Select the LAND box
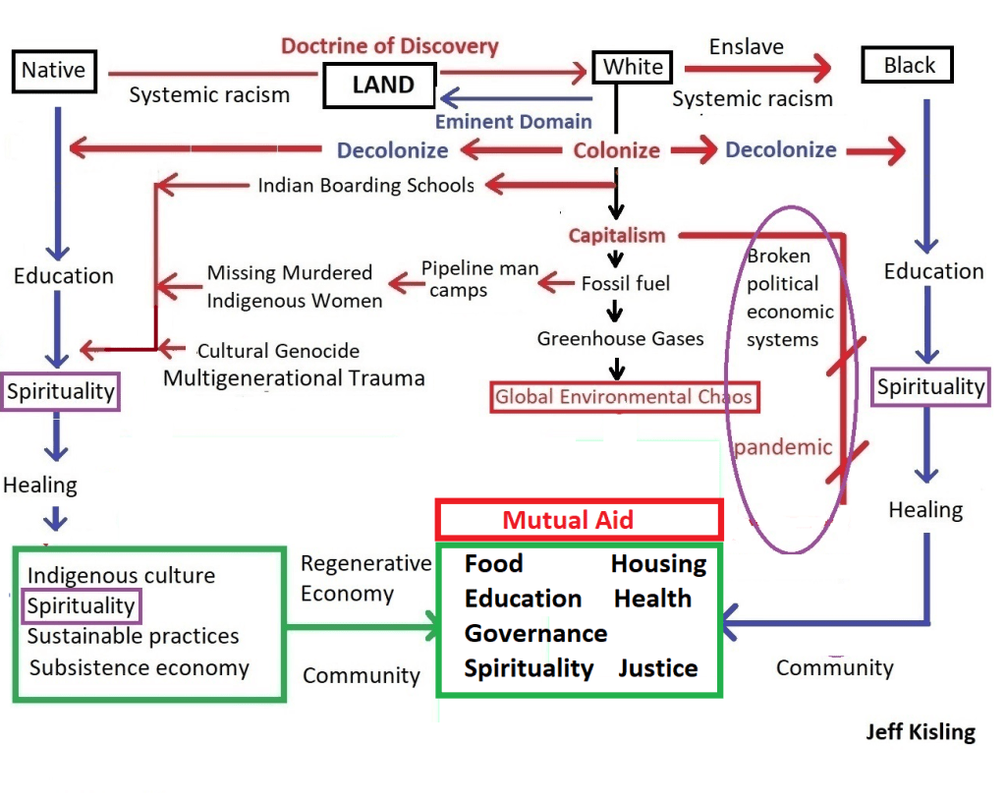pyautogui.click(x=382, y=85)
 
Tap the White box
pyautogui.click(x=633, y=68)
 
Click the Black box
pyautogui.click(x=909, y=66)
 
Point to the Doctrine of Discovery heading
pyautogui.click(x=390, y=46)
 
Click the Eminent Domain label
pyautogui.click(x=514, y=122)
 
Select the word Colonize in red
pyautogui.click(x=617, y=150)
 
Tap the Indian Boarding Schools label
pyautogui.click(x=365, y=185)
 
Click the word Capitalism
pyautogui.click(x=617, y=236)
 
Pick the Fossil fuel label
pyautogui.click(x=626, y=283)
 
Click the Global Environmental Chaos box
pyautogui.click(x=624, y=397)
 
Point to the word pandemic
pyautogui.click(x=783, y=447)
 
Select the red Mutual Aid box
pyautogui.click(x=580, y=519)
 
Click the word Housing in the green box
pyautogui.click(x=658, y=563)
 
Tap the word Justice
pyautogui.click(x=658, y=668)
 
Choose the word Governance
pyautogui.click(x=535, y=633)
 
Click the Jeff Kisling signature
pyautogui.click(x=921, y=732)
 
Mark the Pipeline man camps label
pyautogui.click(x=479, y=278)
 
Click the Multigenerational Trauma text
pyautogui.click(x=294, y=377)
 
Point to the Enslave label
pyautogui.click(x=747, y=46)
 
